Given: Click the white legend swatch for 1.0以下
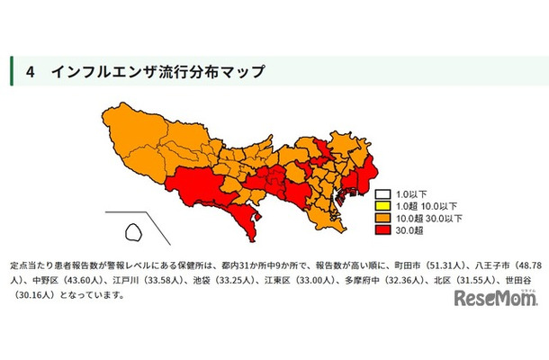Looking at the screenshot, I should [x=383, y=193].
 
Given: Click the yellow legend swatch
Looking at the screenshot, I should [x=383, y=205].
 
